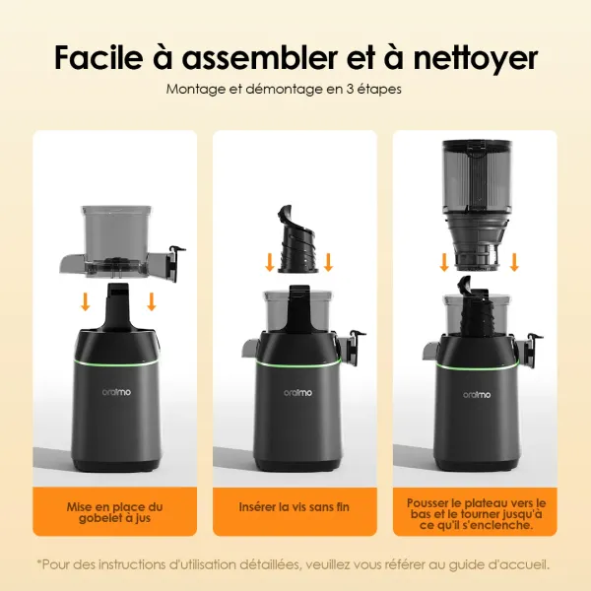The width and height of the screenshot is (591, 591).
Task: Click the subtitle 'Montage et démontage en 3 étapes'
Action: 285,89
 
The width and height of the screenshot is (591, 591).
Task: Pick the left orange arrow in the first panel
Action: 87,299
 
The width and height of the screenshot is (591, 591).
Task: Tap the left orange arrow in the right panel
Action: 444,260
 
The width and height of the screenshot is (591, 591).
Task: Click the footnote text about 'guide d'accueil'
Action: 295,564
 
